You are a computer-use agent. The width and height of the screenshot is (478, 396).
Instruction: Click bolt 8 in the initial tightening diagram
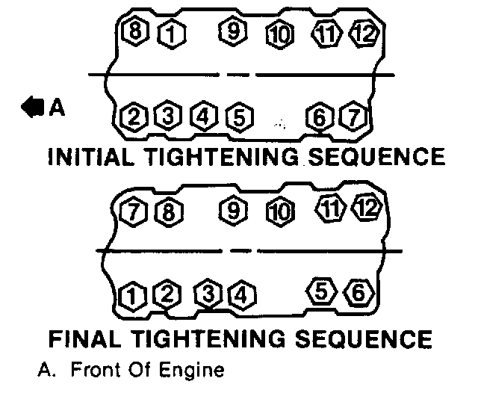point(136,31)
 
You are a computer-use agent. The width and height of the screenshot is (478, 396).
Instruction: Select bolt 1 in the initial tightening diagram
point(170,33)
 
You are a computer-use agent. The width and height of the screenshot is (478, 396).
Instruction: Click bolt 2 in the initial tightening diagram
point(134,117)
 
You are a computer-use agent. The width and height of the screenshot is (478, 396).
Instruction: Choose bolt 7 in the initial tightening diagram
point(350,117)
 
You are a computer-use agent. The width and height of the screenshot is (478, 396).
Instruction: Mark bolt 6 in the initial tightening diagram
point(319,117)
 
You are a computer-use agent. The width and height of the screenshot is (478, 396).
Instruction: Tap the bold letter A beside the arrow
point(57,108)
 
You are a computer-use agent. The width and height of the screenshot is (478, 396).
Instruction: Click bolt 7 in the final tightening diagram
point(133,211)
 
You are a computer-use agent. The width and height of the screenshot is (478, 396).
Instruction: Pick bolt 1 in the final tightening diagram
point(132,296)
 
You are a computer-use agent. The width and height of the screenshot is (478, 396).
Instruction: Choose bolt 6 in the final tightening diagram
point(356,293)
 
